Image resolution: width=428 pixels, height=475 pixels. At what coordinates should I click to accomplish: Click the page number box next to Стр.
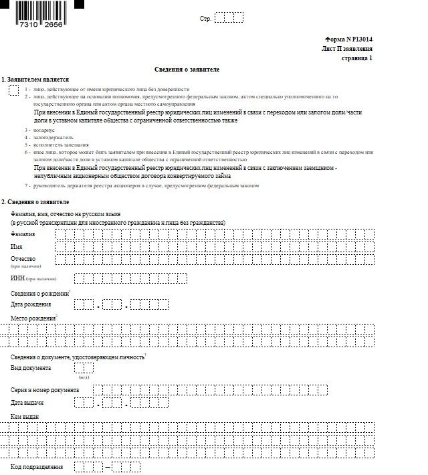[229, 18]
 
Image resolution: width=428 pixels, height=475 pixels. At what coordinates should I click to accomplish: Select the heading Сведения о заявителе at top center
[187, 70]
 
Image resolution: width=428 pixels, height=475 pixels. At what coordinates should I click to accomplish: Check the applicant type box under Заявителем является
[13, 90]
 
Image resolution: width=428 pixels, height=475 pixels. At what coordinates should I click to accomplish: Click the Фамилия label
[23, 234]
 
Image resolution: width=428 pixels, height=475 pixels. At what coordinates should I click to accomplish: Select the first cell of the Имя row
[60, 247]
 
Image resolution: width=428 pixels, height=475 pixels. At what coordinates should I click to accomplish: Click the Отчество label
[23, 259]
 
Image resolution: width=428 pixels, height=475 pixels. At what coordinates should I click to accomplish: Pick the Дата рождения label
[31, 304]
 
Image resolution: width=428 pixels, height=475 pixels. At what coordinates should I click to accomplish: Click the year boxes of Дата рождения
[149, 305]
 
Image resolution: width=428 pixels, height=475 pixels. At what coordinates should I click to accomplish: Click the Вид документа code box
[84, 368]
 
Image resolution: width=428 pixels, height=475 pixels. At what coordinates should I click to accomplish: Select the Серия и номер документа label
[45, 390]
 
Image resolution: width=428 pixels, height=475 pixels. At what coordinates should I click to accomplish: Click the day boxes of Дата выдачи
[84, 403]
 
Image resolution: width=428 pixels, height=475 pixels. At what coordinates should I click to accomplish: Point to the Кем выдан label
[25, 417]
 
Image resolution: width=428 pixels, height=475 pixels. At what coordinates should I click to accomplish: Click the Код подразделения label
[37, 466]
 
